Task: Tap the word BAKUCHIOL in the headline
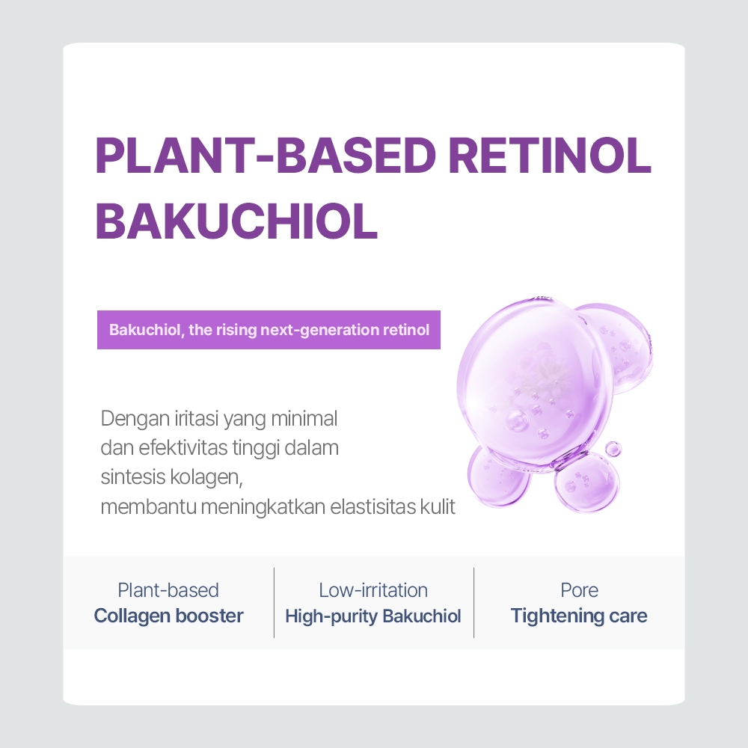pyautogui.click(x=236, y=220)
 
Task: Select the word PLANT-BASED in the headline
pyautogui.click(x=266, y=155)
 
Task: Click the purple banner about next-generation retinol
pyautogui.click(x=269, y=330)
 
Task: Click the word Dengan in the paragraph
pyautogui.click(x=129, y=418)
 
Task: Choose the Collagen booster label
pyautogui.click(x=168, y=616)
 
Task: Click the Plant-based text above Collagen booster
pyautogui.click(x=168, y=590)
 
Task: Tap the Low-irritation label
pyautogui.click(x=373, y=590)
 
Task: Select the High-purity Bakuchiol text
pyautogui.click(x=373, y=616)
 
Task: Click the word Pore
pyautogui.click(x=579, y=590)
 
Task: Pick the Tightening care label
pyautogui.click(x=579, y=616)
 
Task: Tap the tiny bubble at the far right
pyautogui.click(x=613, y=449)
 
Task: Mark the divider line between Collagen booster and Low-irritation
pyautogui.click(x=274, y=602)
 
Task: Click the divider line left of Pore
pyautogui.click(x=474, y=602)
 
